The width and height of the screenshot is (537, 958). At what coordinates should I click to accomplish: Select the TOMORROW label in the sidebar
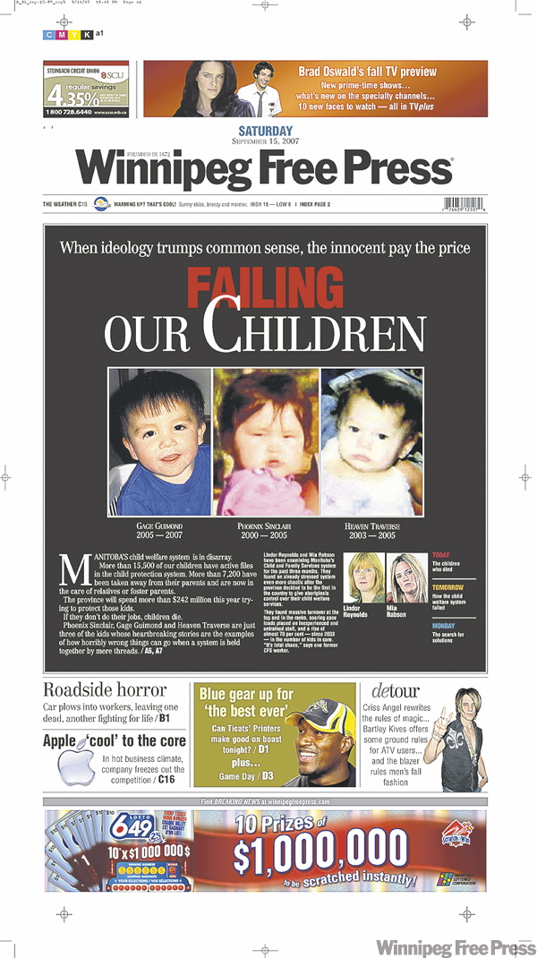[x=447, y=588]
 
